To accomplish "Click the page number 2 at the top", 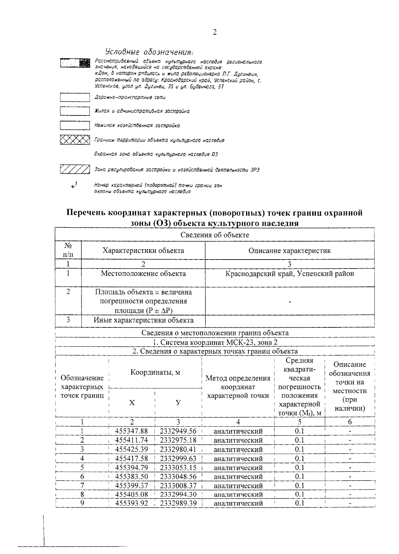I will pyautogui.click(x=214, y=32).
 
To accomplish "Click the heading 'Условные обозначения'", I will pyautogui.click(x=149, y=52).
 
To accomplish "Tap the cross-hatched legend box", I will pyautogui.click(x=75, y=140).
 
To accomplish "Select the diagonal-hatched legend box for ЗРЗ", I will pyautogui.click(x=75, y=169).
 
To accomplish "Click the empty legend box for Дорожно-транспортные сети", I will pyautogui.click(x=75, y=97).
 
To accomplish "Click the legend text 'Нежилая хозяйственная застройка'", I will pyautogui.click(x=137, y=125).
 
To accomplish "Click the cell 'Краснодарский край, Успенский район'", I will pyautogui.click(x=290, y=274).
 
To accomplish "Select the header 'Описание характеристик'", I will pyautogui.click(x=290, y=251).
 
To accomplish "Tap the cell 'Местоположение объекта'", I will pyautogui.click(x=143, y=274).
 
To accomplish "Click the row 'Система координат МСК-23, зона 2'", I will pyautogui.click(x=215, y=342).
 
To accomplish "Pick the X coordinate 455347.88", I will pyautogui.click(x=131, y=431).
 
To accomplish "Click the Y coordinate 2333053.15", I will pyautogui.click(x=178, y=467).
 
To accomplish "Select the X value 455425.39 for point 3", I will pyautogui.click(x=131, y=449).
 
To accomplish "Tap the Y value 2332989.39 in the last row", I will pyautogui.click(x=178, y=503).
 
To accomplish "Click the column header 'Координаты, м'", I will pyautogui.click(x=155, y=372).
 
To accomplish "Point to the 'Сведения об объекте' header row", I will pyautogui.click(x=215, y=235).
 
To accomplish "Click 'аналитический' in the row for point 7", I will pyautogui.click(x=238, y=485).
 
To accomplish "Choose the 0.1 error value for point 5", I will pyautogui.click(x=300, y=467).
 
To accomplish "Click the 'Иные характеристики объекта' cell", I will pyautogui.click(x=143, y=320).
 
